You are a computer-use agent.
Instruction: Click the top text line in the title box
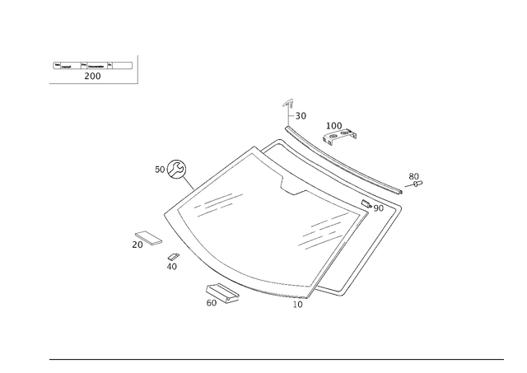[x=91, y=65]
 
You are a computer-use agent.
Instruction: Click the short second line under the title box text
[x=92, y=77]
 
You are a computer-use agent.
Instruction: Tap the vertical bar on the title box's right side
[x=137, y=69]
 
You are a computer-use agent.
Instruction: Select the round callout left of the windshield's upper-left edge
[x=174, y=170]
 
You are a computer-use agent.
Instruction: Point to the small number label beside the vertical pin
[x=301, y=116]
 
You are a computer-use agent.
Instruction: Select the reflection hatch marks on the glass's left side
[x=218, y=202]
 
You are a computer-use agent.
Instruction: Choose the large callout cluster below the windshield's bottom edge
[x=217, y=293]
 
